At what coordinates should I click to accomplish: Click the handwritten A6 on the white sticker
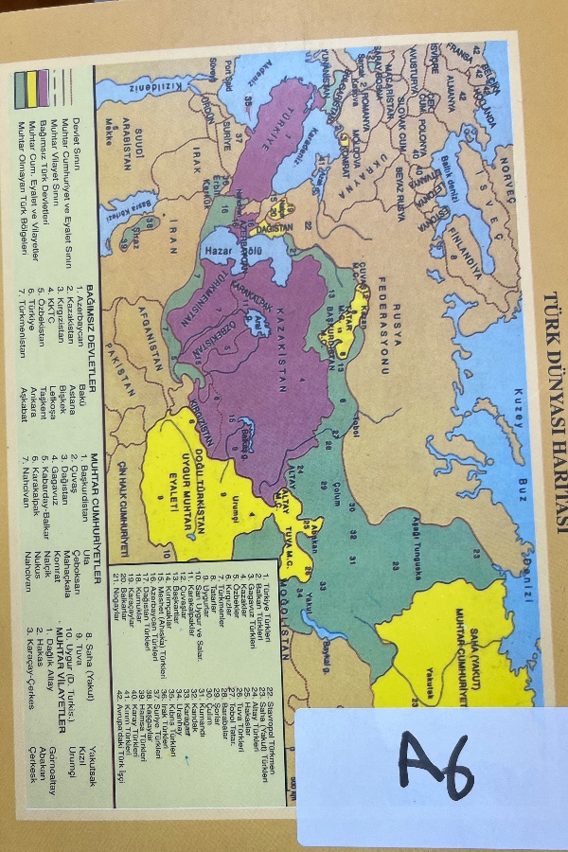[x=435, y=766]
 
